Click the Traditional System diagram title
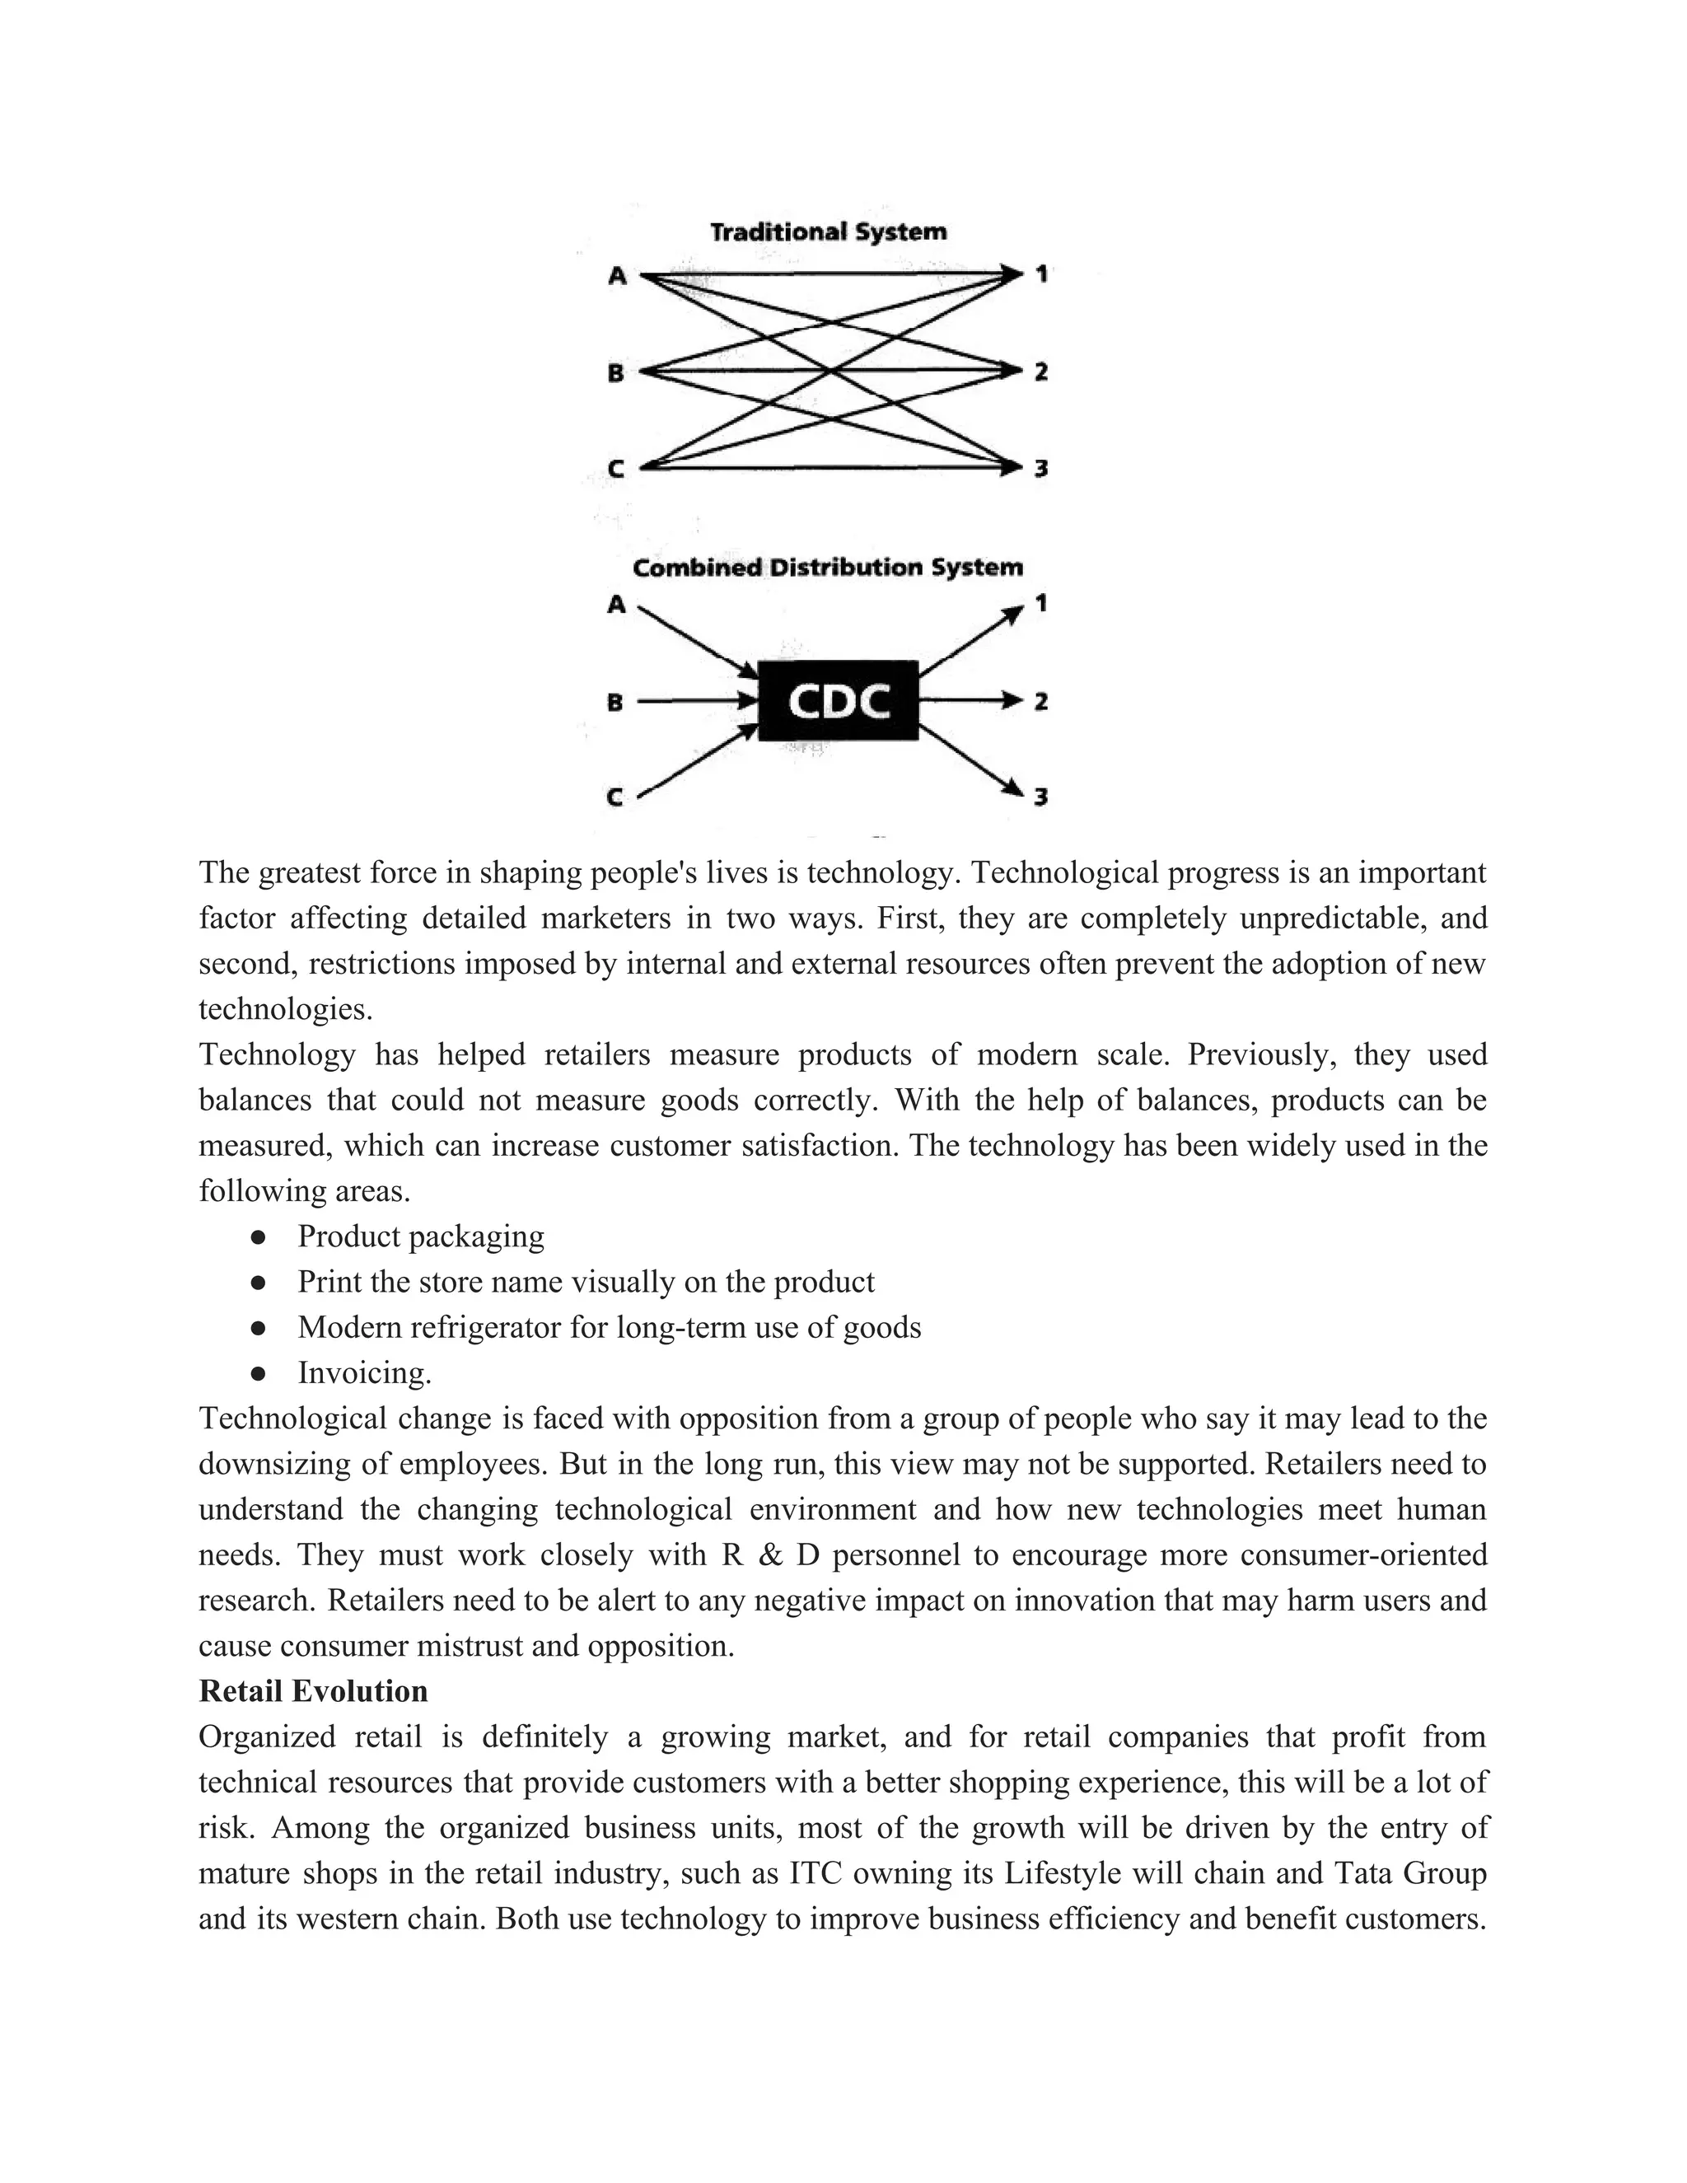(828, 232)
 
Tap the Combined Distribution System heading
(828, 568)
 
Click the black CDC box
(838, 701)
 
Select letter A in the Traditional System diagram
(618, 276)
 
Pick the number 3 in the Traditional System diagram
(1040, 468)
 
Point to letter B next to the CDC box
(615, 702)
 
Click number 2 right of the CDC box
(1040, 702)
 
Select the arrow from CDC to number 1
(970, 640)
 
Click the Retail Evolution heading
(313, 1691)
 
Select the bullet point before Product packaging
(258, 1237)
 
